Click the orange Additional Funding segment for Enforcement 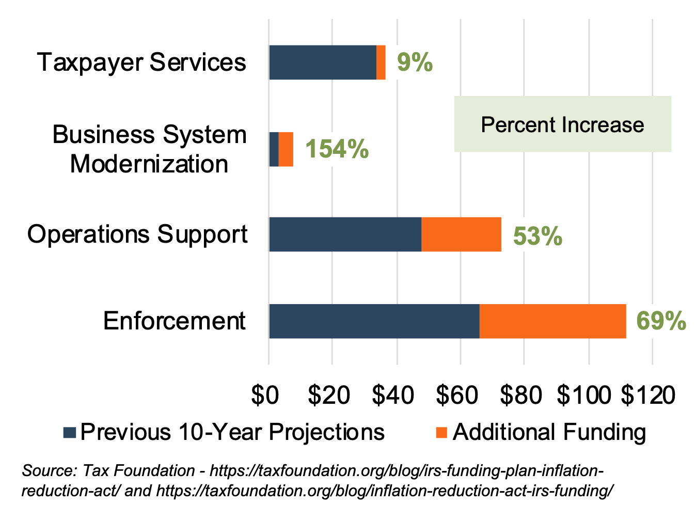click(x=552, y=321)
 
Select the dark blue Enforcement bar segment click(x=374, y=321)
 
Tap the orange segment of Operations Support click(x=461, y=234)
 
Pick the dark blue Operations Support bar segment click(x=345, y=234)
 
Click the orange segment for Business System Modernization click(x=286, y=149)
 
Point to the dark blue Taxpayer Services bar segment click(x=322, y=62)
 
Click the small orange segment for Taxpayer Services click(x=381, y=62)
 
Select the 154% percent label click(x=337, y=149)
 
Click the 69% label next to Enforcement click(x=661, y=321)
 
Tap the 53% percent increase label click(x=538, y=236)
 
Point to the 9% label click(x=415, y=62)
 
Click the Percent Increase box click(x=562, y=124)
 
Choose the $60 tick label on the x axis click(x=457, y=395)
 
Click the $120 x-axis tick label click(x=648, y=395)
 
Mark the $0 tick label click(x=265, y=395)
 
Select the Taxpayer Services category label click(x=141, y=62)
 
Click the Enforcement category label click(x=175, y=321)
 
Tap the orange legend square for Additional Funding click(x=441, y=433)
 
